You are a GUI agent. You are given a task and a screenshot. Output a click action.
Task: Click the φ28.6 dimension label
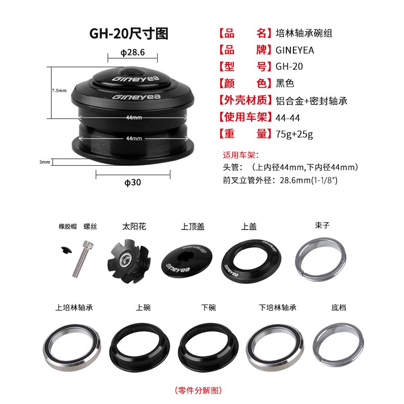(x=133, y=53)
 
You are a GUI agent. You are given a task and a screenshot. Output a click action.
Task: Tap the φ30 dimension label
(x=133, y=182)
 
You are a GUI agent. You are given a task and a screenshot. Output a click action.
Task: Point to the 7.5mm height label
(x=59, y=90)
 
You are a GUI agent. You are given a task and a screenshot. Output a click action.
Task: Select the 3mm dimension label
(x=45, y=162)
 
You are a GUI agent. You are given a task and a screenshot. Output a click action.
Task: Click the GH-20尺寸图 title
(x=129, y=33)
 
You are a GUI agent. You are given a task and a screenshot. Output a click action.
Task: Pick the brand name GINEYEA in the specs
(x=295, y=50)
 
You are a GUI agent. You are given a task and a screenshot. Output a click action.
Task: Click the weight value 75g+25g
(x=294, y=134)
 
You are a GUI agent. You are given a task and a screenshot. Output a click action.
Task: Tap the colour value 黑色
(x=285, y=83)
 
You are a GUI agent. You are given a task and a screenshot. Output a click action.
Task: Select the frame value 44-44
(x=288, y=118)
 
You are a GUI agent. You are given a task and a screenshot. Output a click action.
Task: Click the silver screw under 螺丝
(x=82, y=259)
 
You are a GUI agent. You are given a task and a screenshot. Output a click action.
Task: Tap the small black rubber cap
(x=66, y=250)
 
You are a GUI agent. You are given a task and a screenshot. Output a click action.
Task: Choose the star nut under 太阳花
(x=129, y=261)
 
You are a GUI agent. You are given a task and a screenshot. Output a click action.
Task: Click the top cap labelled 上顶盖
(x=187, y=262)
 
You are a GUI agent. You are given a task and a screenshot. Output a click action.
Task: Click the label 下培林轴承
(x=277, y=308)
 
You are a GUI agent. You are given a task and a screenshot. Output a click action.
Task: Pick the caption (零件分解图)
(x=198, y=390)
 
